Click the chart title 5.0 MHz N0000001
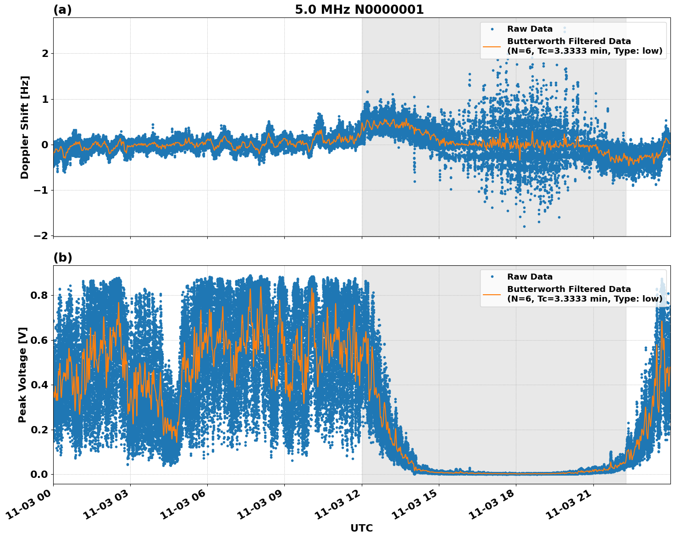(359, 10)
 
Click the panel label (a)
(62, 10)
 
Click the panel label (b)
(62, 258)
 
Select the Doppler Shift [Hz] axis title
(25, 127)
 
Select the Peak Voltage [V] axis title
(22, 375)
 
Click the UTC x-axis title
(361, 528)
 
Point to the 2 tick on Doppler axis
(45, 54)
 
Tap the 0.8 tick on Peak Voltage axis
(39, 295)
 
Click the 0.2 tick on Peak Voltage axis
(39, 430)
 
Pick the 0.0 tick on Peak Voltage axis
(39, 474)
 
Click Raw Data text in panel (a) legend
(530, 29)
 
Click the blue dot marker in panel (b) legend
(492, 277)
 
